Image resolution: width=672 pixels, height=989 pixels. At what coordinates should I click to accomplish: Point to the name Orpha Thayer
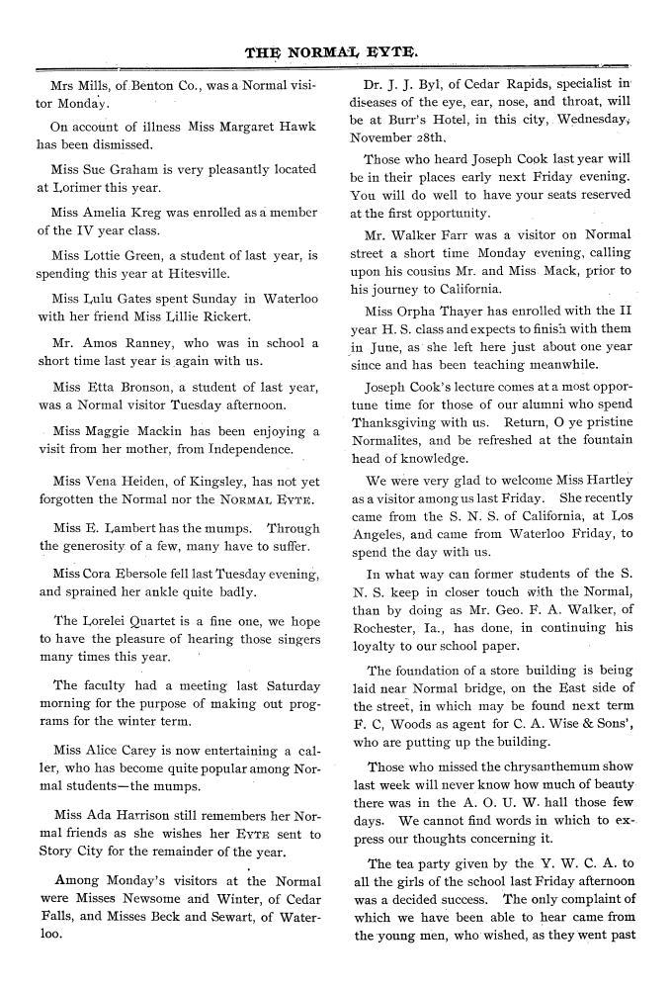coord(434,311)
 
